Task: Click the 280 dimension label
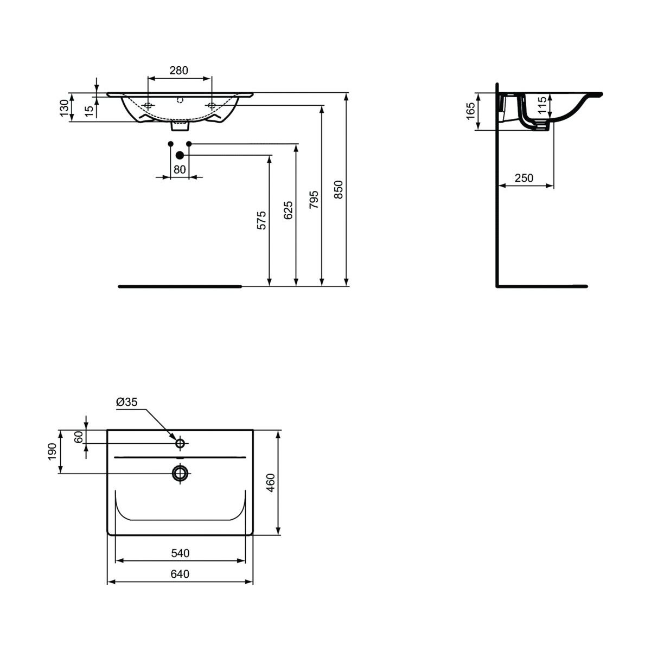tap(178, 71)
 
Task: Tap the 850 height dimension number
tap(338, 189)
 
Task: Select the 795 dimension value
tap(314, 199)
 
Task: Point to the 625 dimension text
tap(288, 210)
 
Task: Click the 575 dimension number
tap(261, 220)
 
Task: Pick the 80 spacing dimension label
tap(180, 169)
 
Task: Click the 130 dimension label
tap(64, 108)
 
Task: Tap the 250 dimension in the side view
tap(524, 178)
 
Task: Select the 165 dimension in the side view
tap(470, 111)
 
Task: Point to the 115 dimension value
tap(541, 105)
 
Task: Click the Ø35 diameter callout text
tap(127, 401)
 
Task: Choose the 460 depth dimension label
tap(271, 483)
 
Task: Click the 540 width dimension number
tap(180, 553)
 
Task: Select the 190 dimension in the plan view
tap(52, 452)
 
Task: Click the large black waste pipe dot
tap(180, 155)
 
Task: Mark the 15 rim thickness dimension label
tap(88, 111)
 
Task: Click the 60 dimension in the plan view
tap(78, 437)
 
